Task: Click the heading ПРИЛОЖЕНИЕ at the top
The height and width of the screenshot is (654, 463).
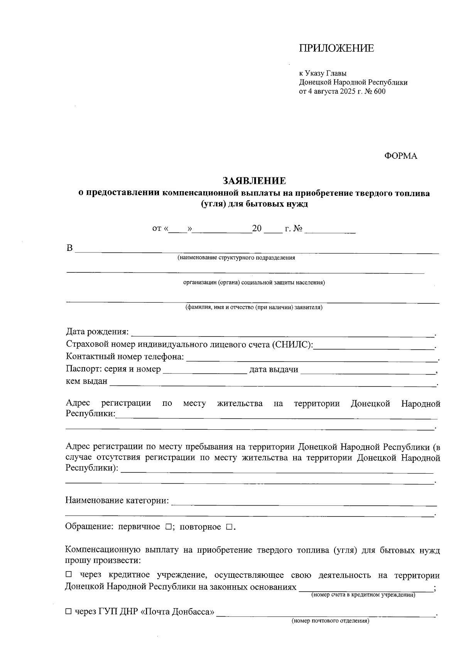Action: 336,49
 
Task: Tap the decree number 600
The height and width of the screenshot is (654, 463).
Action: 379,91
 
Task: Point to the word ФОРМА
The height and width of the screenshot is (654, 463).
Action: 400,156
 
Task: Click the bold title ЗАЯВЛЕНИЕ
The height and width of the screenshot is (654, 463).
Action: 254,181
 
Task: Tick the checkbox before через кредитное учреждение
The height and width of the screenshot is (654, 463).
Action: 69,574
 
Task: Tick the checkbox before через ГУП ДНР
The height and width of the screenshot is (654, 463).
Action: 69,612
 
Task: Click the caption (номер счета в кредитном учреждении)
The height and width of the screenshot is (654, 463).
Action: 363,595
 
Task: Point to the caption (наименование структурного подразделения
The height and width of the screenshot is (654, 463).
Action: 236,258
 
